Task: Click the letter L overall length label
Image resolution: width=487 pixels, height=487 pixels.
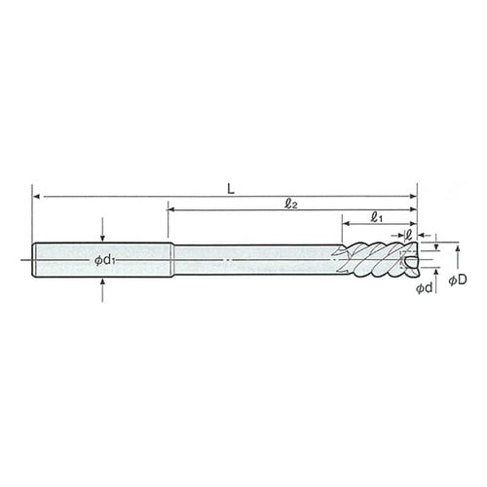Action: [231, 189]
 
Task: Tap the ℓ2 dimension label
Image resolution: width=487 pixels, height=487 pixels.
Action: [291, 205]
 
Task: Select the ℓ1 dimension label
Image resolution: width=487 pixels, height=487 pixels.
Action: [376, 217]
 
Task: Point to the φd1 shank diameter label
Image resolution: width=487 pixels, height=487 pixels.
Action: [105, 260]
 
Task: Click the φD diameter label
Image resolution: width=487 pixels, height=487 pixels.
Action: [458, 280]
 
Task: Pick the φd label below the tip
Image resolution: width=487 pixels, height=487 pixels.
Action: [425, 287]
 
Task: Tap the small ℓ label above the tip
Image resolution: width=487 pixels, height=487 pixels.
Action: [409, 235]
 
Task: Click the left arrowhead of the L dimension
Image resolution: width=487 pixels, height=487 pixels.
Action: [37, 197]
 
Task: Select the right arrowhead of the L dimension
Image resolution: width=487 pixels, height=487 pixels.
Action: [413, 197]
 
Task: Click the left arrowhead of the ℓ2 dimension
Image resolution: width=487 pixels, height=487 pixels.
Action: [171, 210]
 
